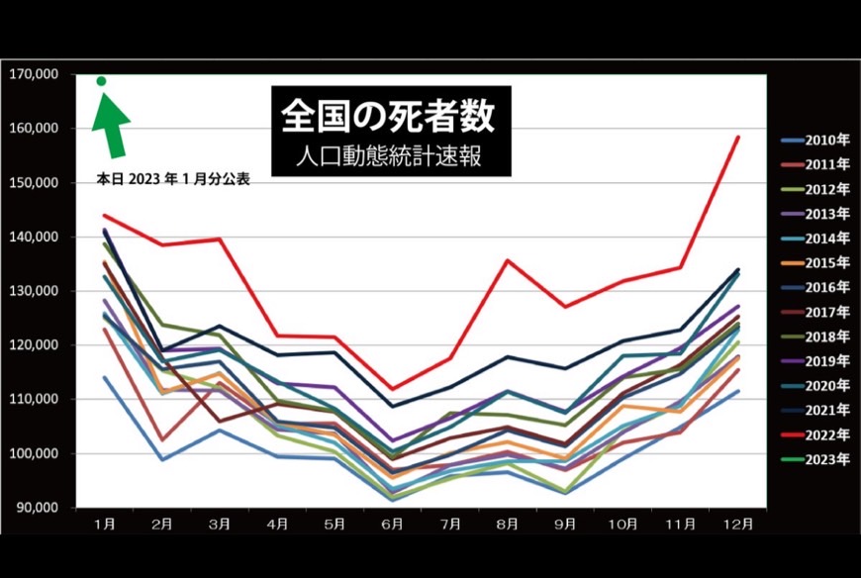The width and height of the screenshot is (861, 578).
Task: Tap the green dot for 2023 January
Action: (x=101, y=81)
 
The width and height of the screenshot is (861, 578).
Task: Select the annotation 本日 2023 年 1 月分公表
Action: (x=172, y=181)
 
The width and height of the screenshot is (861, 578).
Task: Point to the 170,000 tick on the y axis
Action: (x=34, y=74)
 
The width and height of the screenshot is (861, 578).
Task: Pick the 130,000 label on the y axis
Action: (x=34, y=291)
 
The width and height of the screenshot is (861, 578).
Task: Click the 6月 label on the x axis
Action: (x=393, y=522)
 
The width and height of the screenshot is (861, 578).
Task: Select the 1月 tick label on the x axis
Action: (x=102, y=522)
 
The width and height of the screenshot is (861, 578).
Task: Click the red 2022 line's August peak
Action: (x=509, y=260)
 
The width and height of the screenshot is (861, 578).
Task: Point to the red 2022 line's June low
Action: (x=393, y=389)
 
